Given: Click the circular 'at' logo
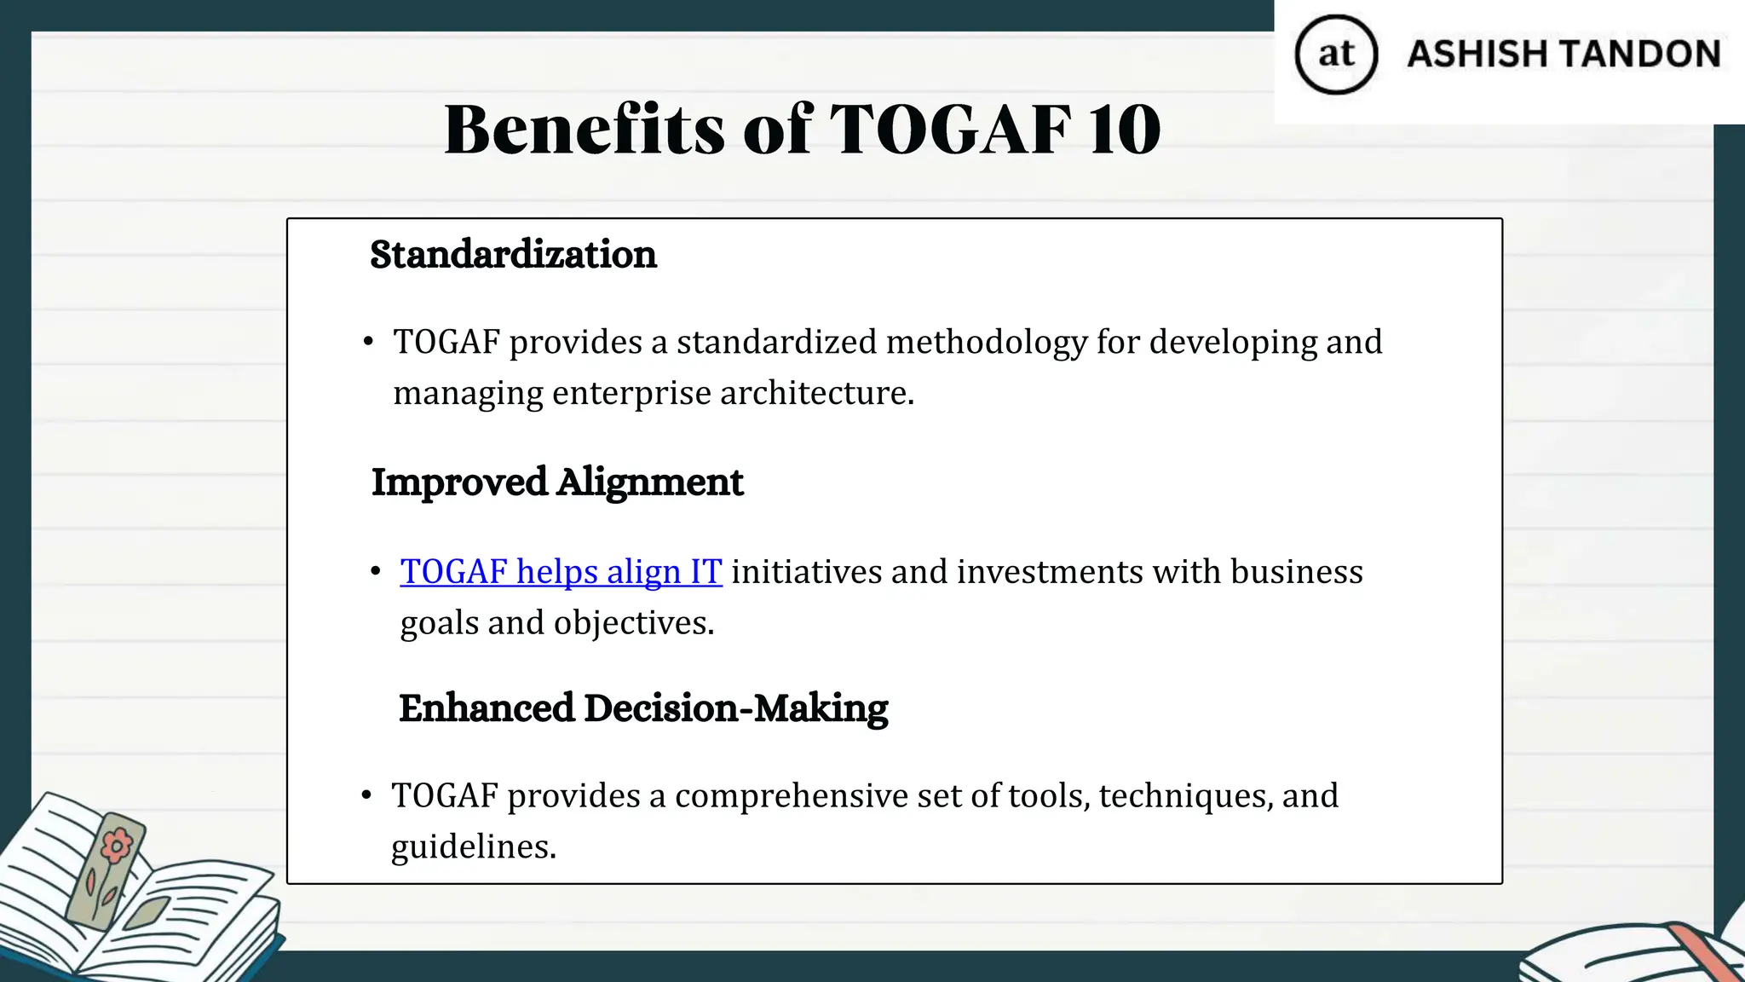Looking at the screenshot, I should [x=1335, y=55].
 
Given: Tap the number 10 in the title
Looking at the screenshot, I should [x=1125, y=130].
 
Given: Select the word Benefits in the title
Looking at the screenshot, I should [x=585, y=130].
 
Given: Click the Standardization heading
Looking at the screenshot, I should [x=513, y=255].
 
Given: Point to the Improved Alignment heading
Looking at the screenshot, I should [x=557, y=482].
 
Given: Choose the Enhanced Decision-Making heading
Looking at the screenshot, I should [x=643, y=708].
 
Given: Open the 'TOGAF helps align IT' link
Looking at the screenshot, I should [x=561, y=572].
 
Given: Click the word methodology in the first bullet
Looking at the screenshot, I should [x=987, y=343].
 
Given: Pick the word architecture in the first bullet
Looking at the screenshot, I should [x=816, y=394].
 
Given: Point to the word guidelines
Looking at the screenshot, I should [x=473, y=847].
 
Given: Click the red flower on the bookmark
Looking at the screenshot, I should [x=117, y=846].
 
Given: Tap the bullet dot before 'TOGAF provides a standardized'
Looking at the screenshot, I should [x=368, y=343].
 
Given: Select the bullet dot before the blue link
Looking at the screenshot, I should [x=376, y=572].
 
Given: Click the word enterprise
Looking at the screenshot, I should [x=631, y=394].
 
